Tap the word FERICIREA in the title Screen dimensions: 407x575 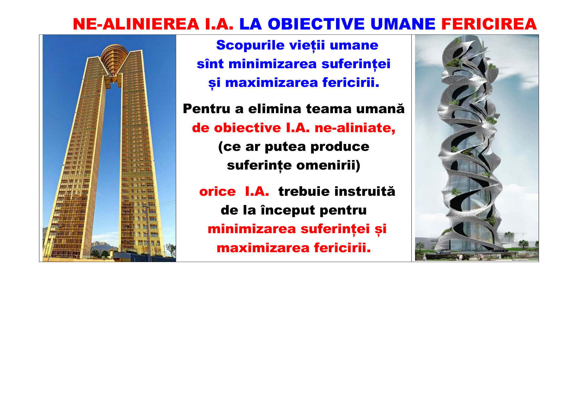(489, 24)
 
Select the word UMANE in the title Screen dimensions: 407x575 (403, 24)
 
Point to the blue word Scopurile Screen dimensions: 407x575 (250, 45)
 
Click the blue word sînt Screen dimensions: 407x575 (210, 64)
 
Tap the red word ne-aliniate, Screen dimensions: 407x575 (355, 128)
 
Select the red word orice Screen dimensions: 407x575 (217, 192)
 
